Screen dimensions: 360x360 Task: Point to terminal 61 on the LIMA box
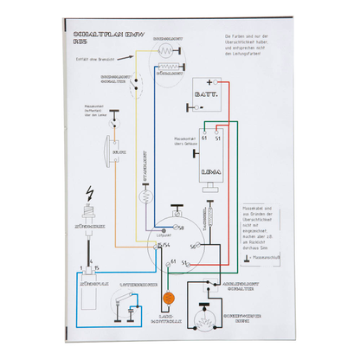click(204, 138)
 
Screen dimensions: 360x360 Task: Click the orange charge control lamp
click(169, 297)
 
